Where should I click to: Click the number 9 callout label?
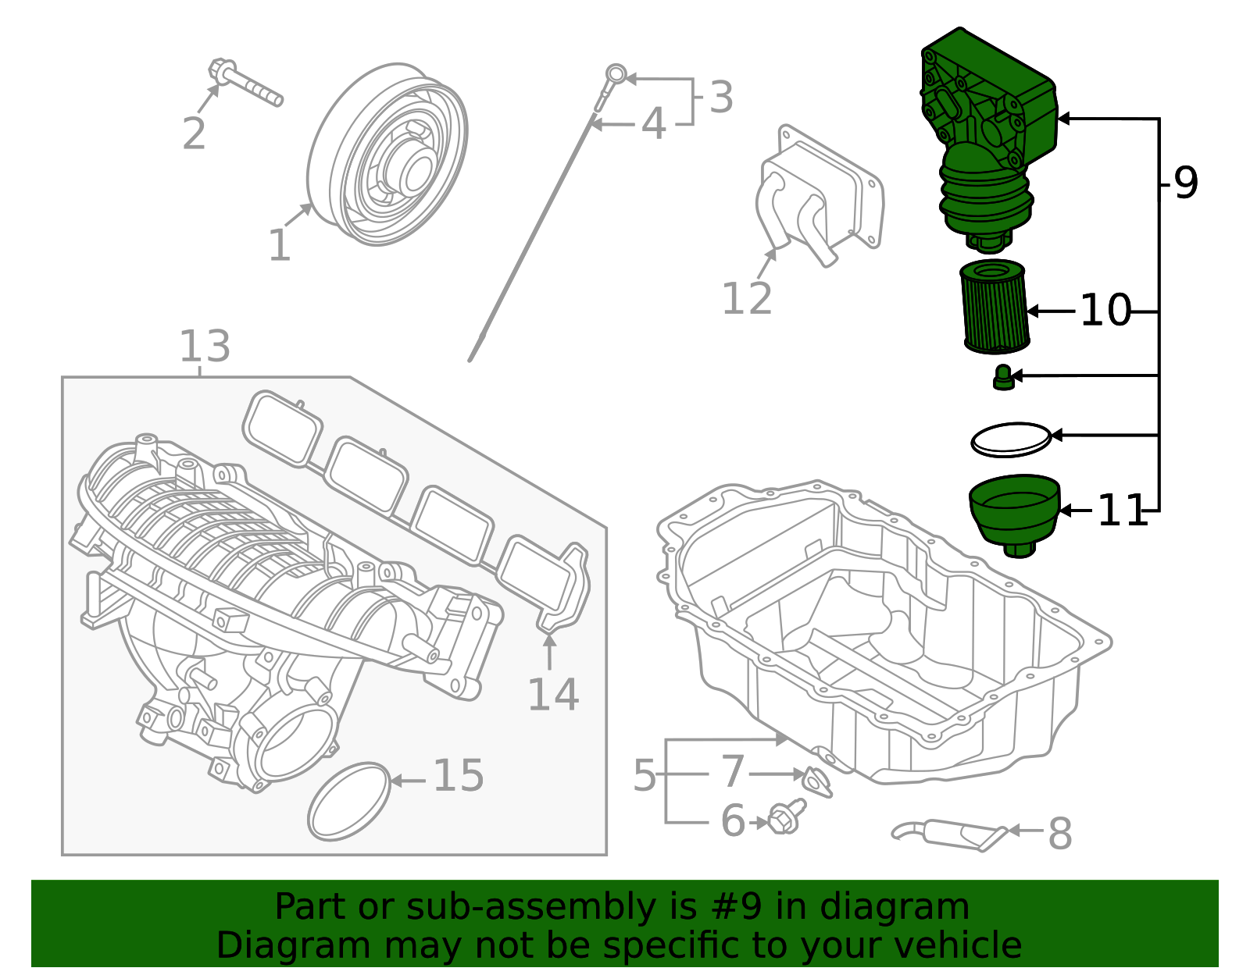pyautogui.click(x=1185, y=183)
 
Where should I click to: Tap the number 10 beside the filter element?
pyautogui.click(x=1105, y=311)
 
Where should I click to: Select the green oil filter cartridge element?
pyautogui.click(x=994, y=307)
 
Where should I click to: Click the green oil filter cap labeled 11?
pyautogui.click(x=1014, y=511)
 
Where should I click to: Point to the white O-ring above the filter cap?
pyautogui.click(x=1011, y=440)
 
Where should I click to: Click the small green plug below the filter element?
pyautogui.click(x=1002, y=378)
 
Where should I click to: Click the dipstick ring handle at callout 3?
pyautogui.click(x=616, y=75)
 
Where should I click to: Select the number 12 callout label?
pyautogui.click(x=747, y=299)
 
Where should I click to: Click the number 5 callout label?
pyautogui.click(x=645, y=775)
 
